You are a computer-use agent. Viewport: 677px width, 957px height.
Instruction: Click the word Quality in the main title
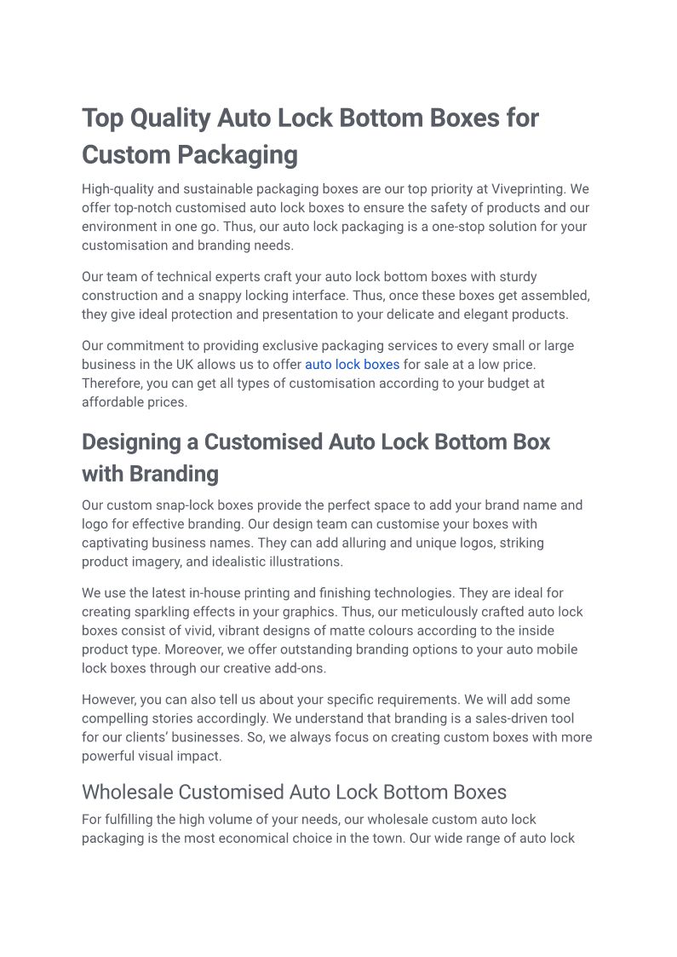point(169,118)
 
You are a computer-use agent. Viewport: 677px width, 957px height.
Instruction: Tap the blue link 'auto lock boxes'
point(352,365)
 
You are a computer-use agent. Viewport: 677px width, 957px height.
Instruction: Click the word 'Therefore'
point(112,383)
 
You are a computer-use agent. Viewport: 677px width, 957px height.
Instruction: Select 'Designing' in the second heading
point(133,442)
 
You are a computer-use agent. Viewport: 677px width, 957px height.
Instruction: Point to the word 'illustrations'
point(301,562)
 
